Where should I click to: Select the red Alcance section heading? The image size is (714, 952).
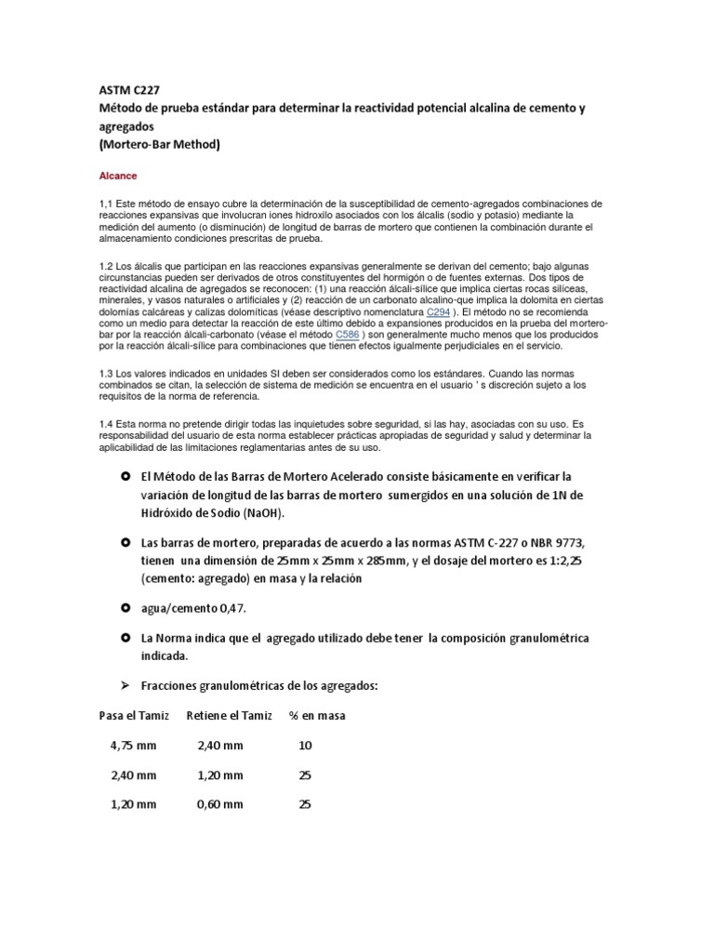click(x=117, y=174)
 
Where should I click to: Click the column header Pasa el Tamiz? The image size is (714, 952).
click(x=134, y=715)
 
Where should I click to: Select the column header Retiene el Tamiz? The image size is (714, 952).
click(x=229, y=715)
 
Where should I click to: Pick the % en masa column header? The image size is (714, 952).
click(x=317, y=715)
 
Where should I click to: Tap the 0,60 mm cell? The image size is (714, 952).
click(x=220, y=804)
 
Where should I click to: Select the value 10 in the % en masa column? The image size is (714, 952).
click(x=305, y=745)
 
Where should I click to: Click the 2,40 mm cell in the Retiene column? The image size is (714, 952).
click(x=220, y=745)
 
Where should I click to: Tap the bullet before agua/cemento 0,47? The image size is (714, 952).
click(x=126, y=608)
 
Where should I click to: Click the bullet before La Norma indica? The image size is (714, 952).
click(x=126, y=639)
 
